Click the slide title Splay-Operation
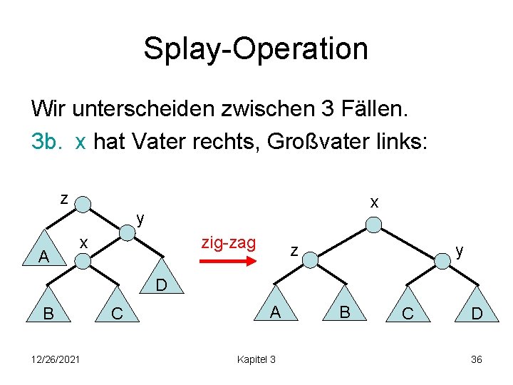256,48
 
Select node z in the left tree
83,205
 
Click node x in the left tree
83,261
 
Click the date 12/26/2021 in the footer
56,359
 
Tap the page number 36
476,359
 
